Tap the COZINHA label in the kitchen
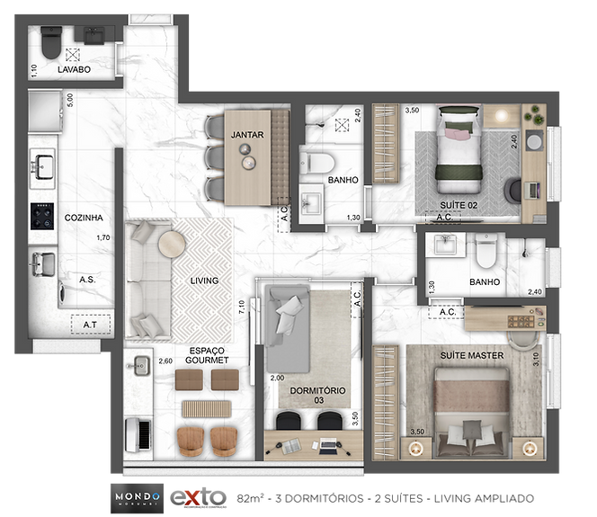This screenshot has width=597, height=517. (x=83, y=218)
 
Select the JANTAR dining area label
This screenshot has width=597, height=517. (x=246, y=135)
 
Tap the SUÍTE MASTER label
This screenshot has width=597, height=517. (x=471, y=355)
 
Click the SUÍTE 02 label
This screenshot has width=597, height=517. (x=459, y=204)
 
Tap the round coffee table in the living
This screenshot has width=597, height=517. (x=171, y=243)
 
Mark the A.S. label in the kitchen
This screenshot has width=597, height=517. (x=87, y=280)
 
